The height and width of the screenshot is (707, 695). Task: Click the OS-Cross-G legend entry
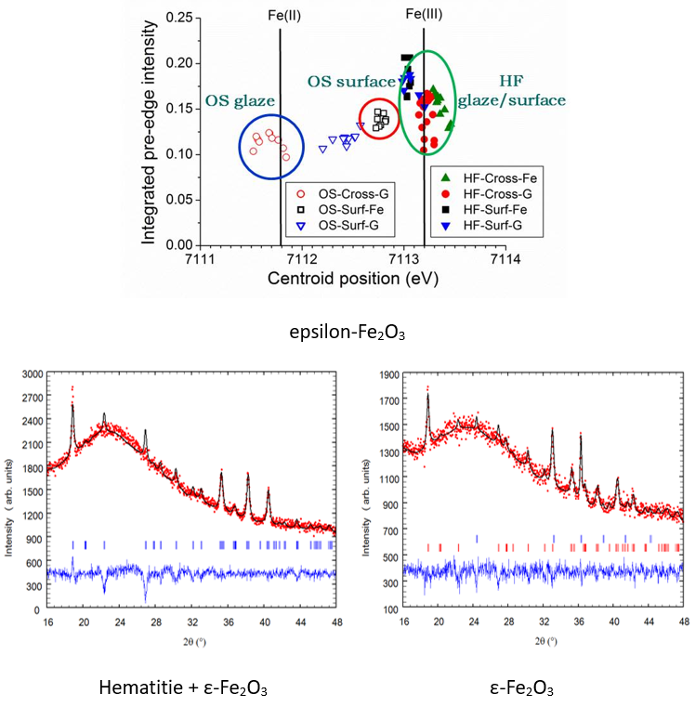(x=343, y=194)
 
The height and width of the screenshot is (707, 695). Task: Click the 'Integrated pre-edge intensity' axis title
(x=148, y=130)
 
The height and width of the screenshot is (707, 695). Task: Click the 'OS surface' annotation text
(x=352, y=82)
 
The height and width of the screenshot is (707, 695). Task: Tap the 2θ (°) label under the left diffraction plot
(x=190, y=639)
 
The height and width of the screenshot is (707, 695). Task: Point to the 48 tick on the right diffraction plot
(x=684, y=627)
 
